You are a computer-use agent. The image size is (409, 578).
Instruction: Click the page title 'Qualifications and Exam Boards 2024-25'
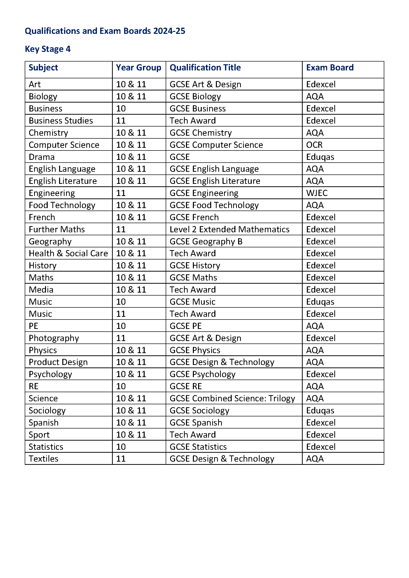[x=105, y=31]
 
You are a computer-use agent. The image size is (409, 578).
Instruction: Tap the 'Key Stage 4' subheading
[x=47, y=49]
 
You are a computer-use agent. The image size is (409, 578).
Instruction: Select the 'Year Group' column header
[x=138, y=67]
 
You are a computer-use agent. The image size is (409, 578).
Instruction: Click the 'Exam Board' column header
[x=330, y=67]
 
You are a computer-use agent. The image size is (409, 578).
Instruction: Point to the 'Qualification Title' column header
[x=205, y=67]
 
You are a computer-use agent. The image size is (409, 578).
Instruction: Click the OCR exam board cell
[x=314, y=145]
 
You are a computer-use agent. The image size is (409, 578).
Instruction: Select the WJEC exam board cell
[x=317, y=193]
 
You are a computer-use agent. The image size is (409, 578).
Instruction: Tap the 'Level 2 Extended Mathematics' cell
[x=229, y=229]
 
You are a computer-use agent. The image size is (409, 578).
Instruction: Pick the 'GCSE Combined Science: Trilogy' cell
[x=232, y=398]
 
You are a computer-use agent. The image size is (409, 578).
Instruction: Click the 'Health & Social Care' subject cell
[x=68, y=253]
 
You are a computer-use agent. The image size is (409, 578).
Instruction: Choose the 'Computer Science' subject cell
[x=64, y=145]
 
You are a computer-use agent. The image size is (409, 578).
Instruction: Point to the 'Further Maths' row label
[x=57, y=229]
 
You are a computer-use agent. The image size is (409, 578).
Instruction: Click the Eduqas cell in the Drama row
[x=320, y=157]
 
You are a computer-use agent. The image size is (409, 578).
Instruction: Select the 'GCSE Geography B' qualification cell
[x=206, y=241]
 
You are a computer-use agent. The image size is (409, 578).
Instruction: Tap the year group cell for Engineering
[x=121, y=193]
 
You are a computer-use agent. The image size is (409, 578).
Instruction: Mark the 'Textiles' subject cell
[x=44, y=459]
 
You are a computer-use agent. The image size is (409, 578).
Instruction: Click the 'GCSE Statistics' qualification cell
[x=198, y=447]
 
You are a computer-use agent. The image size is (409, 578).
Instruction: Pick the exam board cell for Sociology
[x=320, y=410]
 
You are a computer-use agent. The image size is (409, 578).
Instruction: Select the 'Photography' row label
[x=54, y=338]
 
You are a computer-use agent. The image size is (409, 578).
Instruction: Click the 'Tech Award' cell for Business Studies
[x=193, y=121]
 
